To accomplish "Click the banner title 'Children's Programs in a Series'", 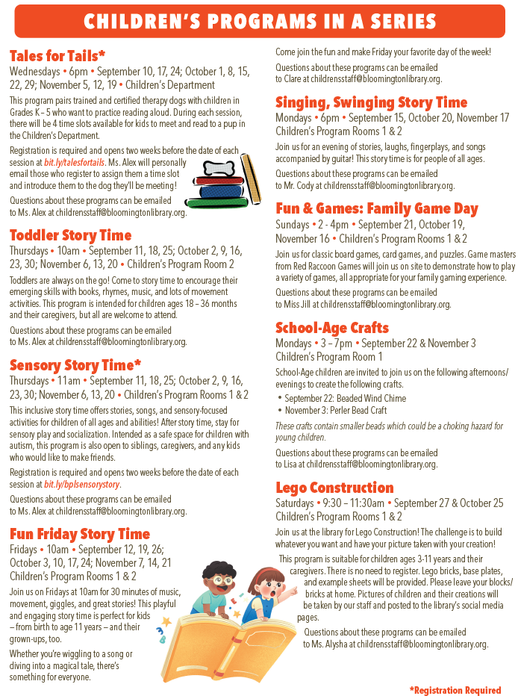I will point(258,21).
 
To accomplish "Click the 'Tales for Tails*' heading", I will point(57,56).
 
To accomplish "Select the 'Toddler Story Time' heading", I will point(70,235).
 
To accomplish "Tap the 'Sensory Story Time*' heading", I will point(75,364).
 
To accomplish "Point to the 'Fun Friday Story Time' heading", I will point(80,533).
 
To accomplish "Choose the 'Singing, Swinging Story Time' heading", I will point(371,102).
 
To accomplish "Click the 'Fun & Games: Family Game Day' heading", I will point(376,208).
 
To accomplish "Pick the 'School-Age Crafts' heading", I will point(331,328).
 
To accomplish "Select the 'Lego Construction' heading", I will point(334,488).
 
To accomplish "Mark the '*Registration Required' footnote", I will point(455,689).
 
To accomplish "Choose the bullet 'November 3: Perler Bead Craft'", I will point(335,410).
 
